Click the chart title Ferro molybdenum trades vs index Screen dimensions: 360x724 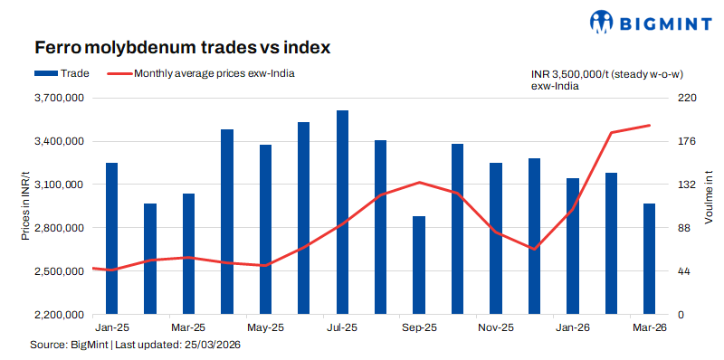(182, 46)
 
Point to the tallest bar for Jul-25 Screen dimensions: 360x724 (342, 213)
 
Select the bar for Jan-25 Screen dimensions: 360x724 (111, 239)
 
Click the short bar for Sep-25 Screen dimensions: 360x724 (418, 265)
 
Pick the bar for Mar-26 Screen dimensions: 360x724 (649, 259)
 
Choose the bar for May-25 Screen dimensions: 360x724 (265, 230)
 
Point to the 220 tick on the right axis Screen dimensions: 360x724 (688, 98)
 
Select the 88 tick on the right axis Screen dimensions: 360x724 (685, 228)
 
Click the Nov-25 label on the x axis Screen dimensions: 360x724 (496, 327)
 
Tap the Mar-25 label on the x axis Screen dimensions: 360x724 (188, 327)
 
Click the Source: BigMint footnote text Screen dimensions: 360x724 (136, 345)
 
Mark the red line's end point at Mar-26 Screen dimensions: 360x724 (650, 126)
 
